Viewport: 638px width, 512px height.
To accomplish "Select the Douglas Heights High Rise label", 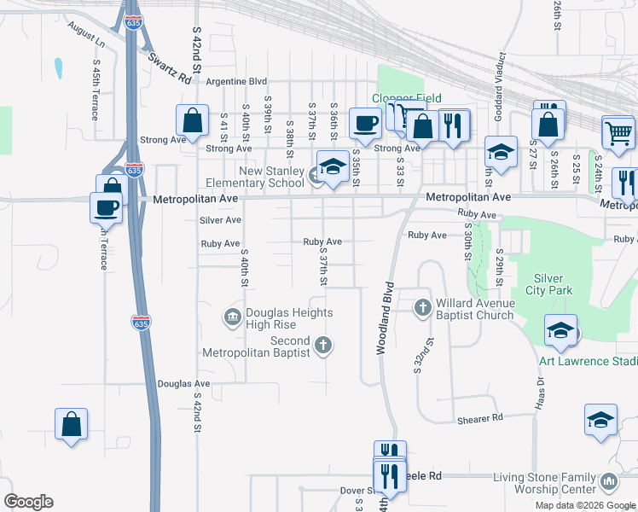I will (x=278, y=318).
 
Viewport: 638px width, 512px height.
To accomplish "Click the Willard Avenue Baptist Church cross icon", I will (x=423, y=307).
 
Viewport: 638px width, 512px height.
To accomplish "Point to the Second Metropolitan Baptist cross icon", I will (x=322, y=346).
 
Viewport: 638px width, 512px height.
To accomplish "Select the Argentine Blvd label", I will (x=243, y=82).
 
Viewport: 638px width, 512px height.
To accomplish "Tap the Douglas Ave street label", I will (x=183, y=384).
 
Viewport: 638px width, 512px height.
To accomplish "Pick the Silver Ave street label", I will (x=221, y=220).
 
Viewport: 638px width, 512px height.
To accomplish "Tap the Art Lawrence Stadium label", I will (x=588, y=361).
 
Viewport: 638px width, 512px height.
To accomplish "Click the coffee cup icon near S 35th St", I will (x=365, y=123).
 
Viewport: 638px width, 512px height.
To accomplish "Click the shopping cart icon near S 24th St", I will (x=618, y=131).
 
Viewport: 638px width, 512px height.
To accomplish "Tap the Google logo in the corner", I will (x=28, y=502).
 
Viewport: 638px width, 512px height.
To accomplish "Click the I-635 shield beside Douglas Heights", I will (x=142, y=323).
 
